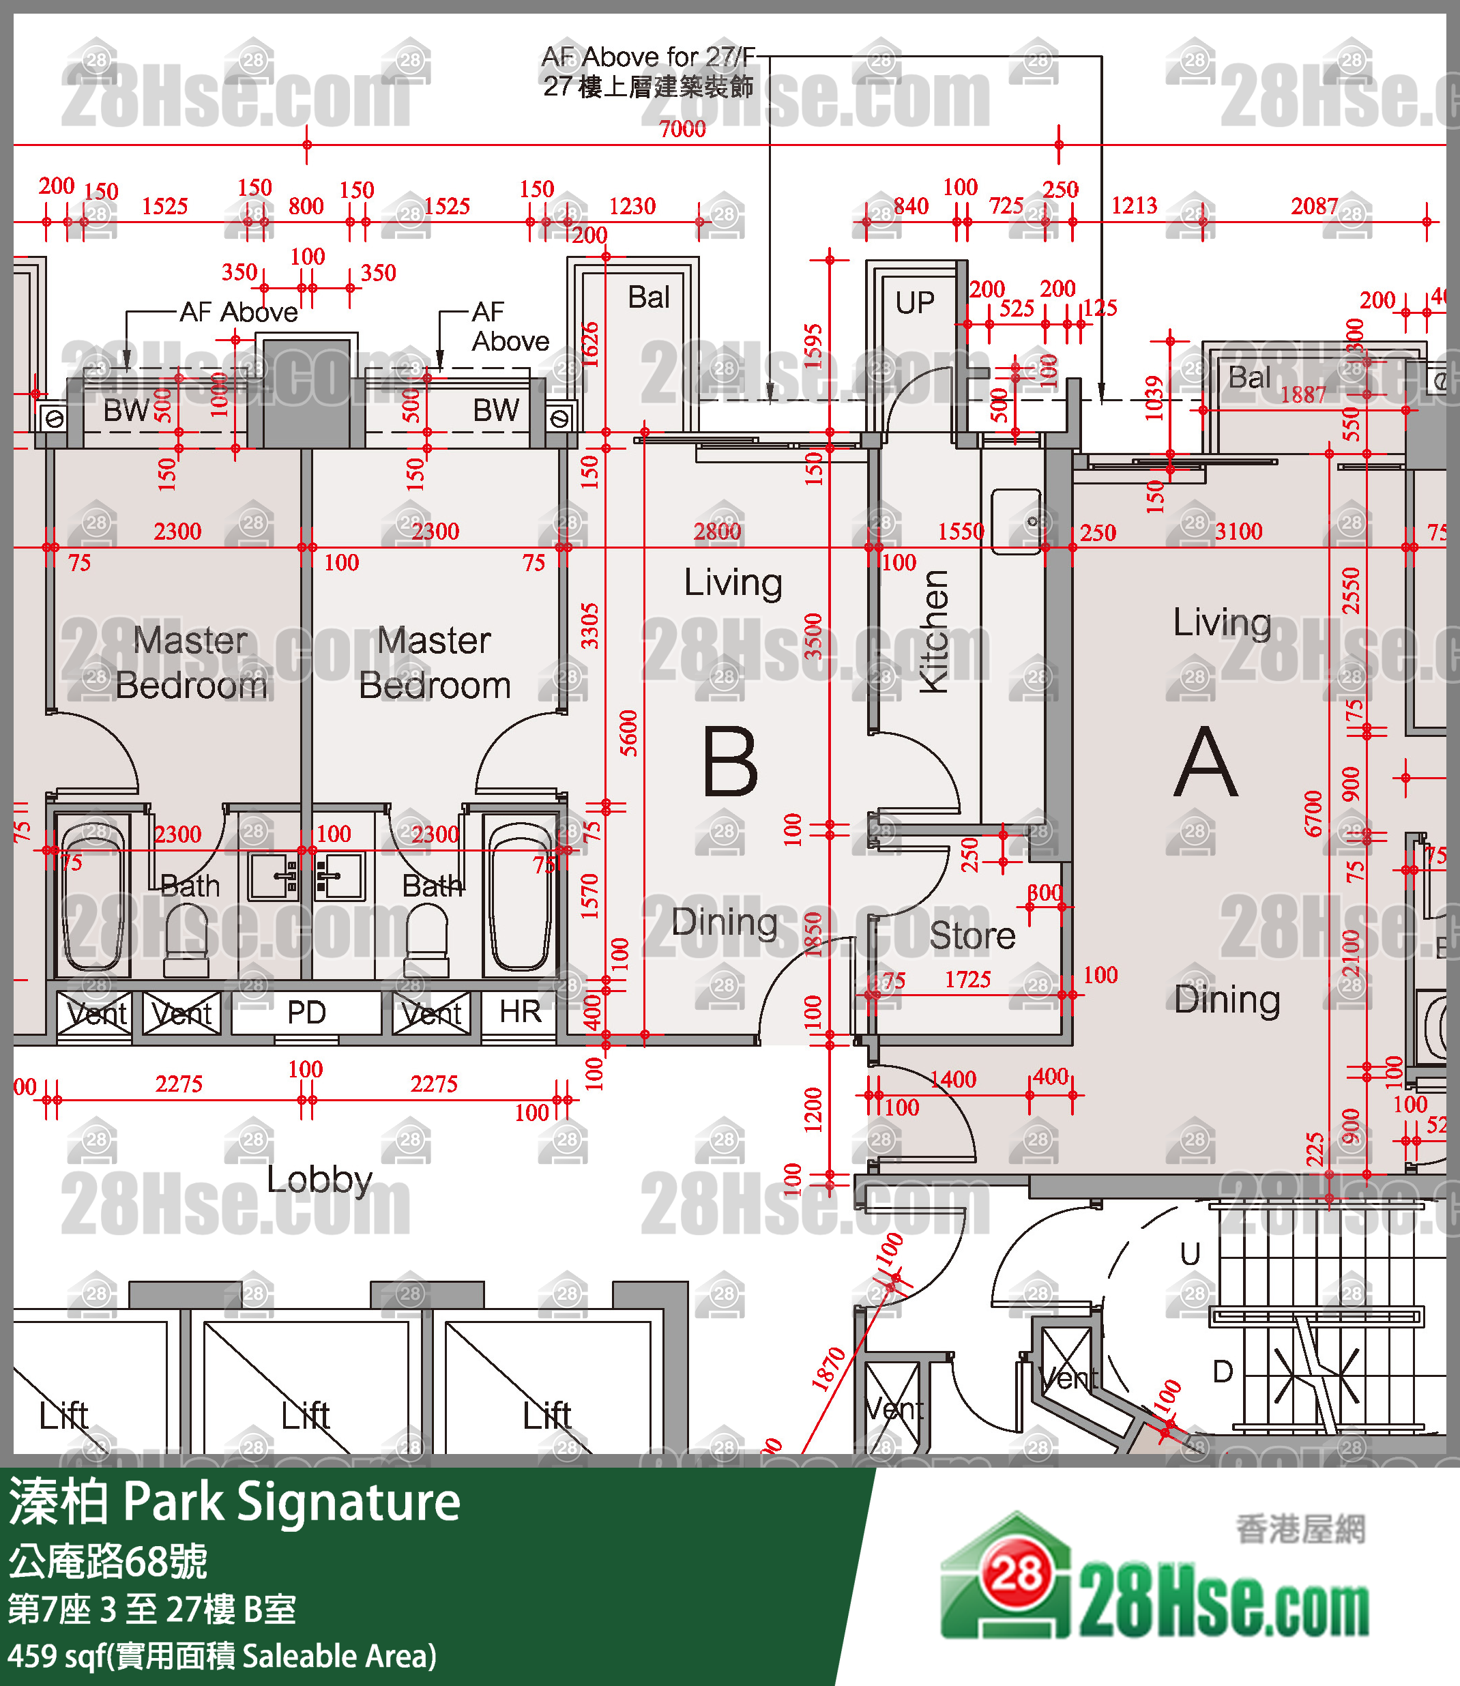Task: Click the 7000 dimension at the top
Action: pos(683,129)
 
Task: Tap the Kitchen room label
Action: pos(935,632)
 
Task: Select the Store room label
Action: pos(972,935)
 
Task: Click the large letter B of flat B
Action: pos(730,763)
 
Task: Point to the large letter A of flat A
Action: pos(1206,763)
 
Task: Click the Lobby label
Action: pos(319,1179)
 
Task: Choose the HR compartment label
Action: pos(520,1012)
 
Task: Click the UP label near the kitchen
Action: pos(915,303)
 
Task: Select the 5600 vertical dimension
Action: pos(629,733)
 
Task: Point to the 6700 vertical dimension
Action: pos(1313,813)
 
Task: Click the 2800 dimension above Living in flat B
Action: pos(717,532)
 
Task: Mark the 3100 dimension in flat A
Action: pos(1238,532)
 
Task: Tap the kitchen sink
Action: pos(1016,521)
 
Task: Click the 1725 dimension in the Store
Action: pos(967,980)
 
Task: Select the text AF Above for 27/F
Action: pos(649,57)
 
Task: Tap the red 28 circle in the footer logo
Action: pos(1016,1574)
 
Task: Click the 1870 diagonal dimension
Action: pos(828,1369)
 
